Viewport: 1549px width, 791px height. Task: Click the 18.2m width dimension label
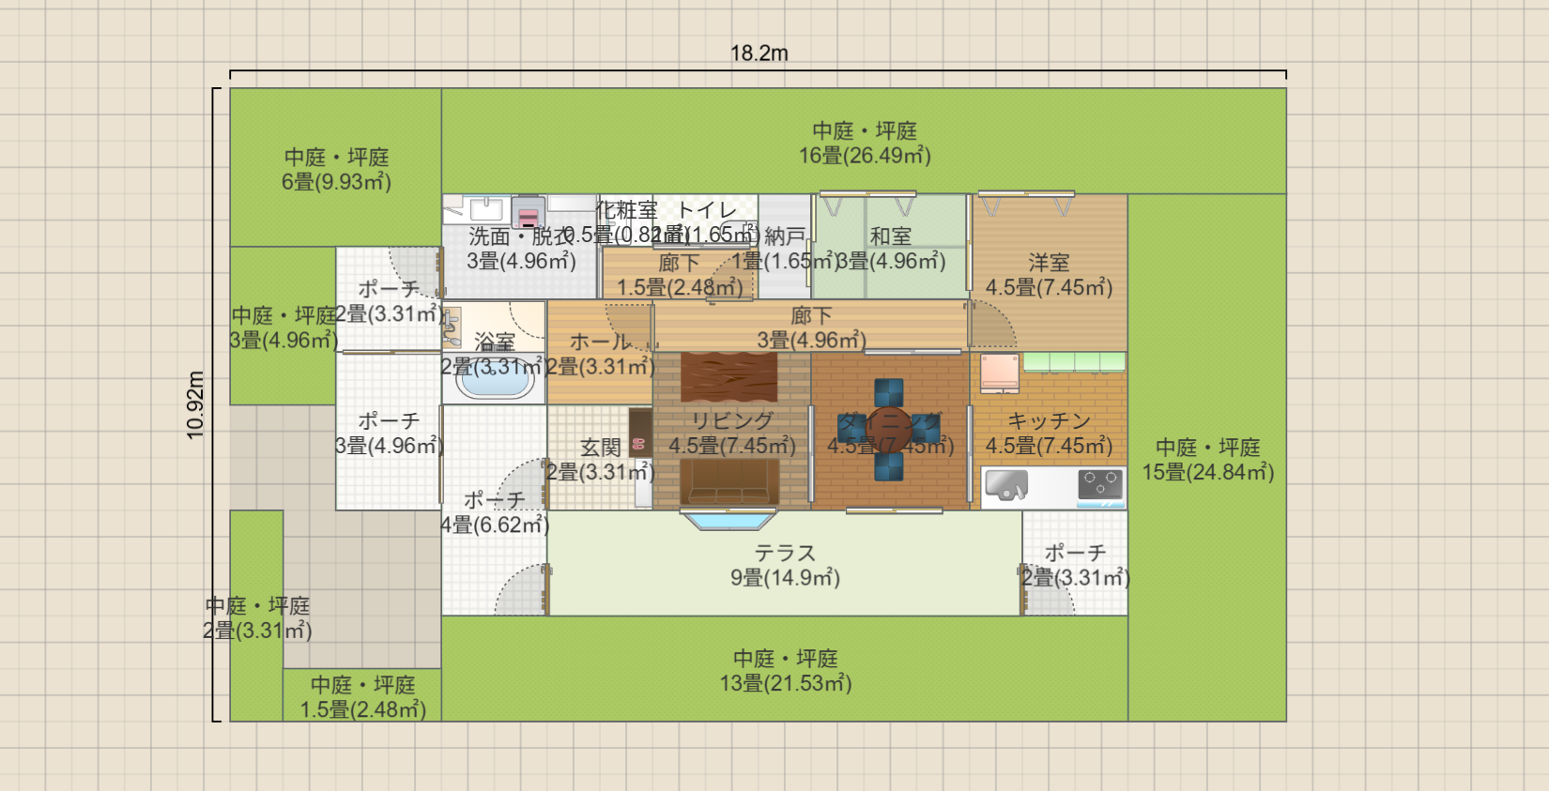(x=759, y=53)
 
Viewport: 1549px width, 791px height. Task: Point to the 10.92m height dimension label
(x=195, y=404)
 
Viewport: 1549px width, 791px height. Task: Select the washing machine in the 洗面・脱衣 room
(x=529, y=212)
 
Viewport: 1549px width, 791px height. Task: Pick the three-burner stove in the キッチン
(x=1100, y=484)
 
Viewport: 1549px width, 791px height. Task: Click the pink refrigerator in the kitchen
(x=1000, y=373)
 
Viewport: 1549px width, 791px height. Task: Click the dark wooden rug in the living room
(x=729, y=377)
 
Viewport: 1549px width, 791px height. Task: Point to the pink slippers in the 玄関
(x=639, y=444)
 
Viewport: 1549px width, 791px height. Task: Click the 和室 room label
(x=890, y=236)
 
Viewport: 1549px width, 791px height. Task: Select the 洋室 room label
(x=1049, y=263)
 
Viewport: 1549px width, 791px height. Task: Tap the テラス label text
(x=785, y=554)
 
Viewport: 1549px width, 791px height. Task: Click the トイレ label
(x=707, y=210)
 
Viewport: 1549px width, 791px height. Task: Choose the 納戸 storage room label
(x=785, y=236)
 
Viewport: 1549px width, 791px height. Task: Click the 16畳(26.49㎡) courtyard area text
(x=865, y=156)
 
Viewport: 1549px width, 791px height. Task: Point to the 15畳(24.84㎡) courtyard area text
(x=1207, y=472)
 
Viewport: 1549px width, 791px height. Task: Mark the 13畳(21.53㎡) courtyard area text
(x=785, y=683)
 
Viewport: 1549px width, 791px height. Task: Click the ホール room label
(x=600, y=342)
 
